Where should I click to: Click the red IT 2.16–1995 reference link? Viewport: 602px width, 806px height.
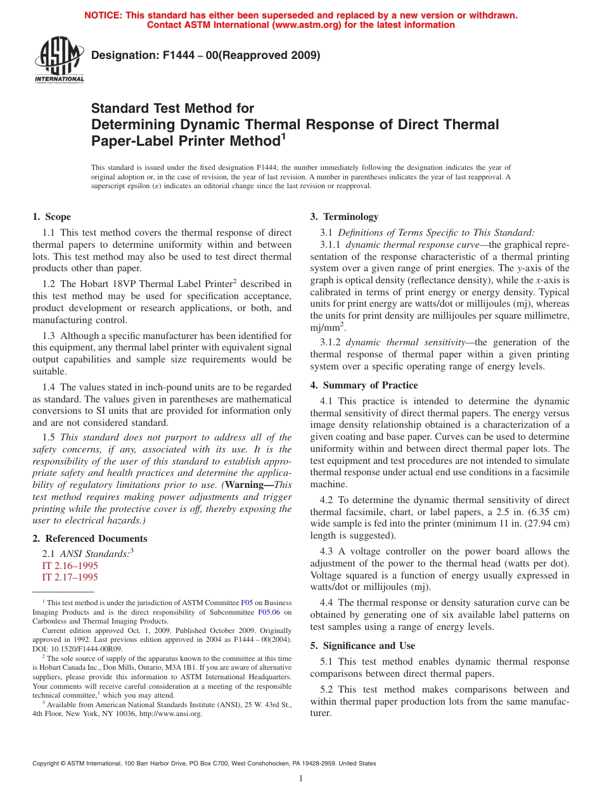click(70, 565)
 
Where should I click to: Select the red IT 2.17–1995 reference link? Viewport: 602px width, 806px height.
click(70, 577)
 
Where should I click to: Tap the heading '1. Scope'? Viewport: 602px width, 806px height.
click(52, 217)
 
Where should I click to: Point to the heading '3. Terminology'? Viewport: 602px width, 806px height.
click(344, 217)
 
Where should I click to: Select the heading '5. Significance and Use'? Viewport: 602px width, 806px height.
click(362, 646)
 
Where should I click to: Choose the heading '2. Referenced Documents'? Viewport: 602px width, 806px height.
click(89, 539)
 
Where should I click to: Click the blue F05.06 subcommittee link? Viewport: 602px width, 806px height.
click(269, 612)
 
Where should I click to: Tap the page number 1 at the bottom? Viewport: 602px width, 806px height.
click(301, 779)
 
